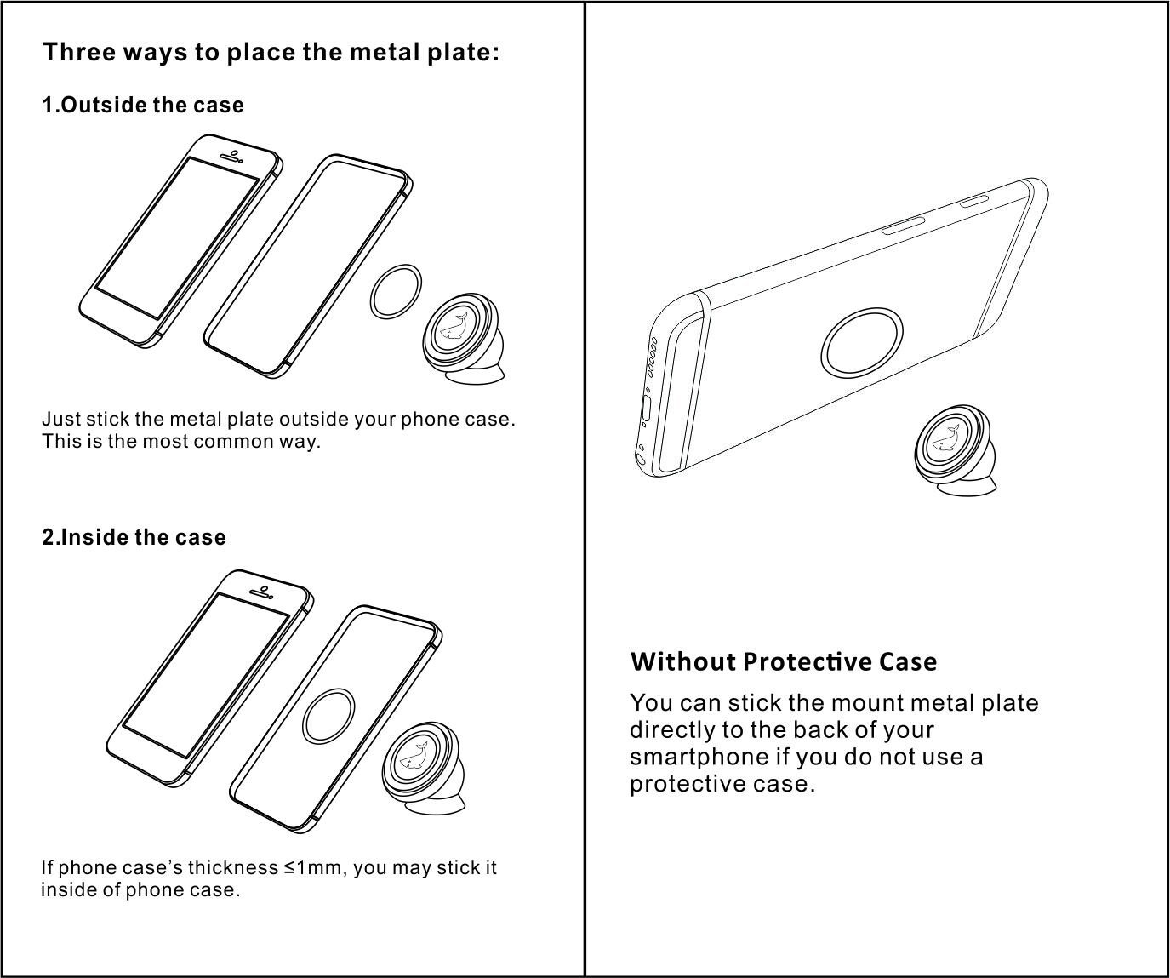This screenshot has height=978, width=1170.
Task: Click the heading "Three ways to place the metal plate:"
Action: coord(271,53)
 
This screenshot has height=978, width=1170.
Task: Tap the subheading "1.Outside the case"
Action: coord(143,106)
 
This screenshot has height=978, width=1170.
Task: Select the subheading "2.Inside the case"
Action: coord(134,538)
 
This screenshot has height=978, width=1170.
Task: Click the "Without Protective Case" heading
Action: coord(783,662)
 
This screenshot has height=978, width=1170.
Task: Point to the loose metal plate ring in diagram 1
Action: coord(397,291)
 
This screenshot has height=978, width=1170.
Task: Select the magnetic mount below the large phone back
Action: coord(955,448)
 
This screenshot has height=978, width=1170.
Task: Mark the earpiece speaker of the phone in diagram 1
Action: coord(231,157)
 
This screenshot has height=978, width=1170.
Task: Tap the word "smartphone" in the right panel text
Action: coord(699,757)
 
